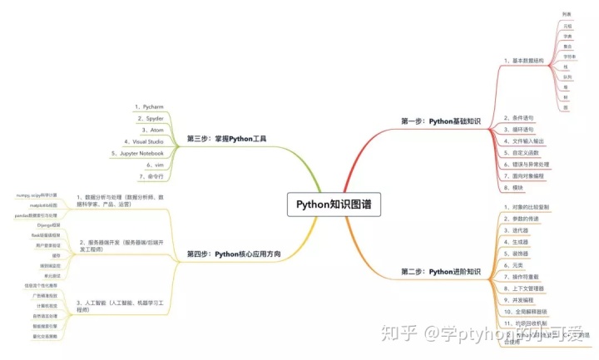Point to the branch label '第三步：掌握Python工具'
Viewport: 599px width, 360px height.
click(x=220, y=139)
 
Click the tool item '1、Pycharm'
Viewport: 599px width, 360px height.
click(x=150, y=107)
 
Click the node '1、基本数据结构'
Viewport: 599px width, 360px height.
click(x=523, y=61)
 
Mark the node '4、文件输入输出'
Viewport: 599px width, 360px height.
click(x=524, y=141)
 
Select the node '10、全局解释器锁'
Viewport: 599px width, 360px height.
click(x=527, y=309)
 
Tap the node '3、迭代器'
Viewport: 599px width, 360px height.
click(x=518, y=229)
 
